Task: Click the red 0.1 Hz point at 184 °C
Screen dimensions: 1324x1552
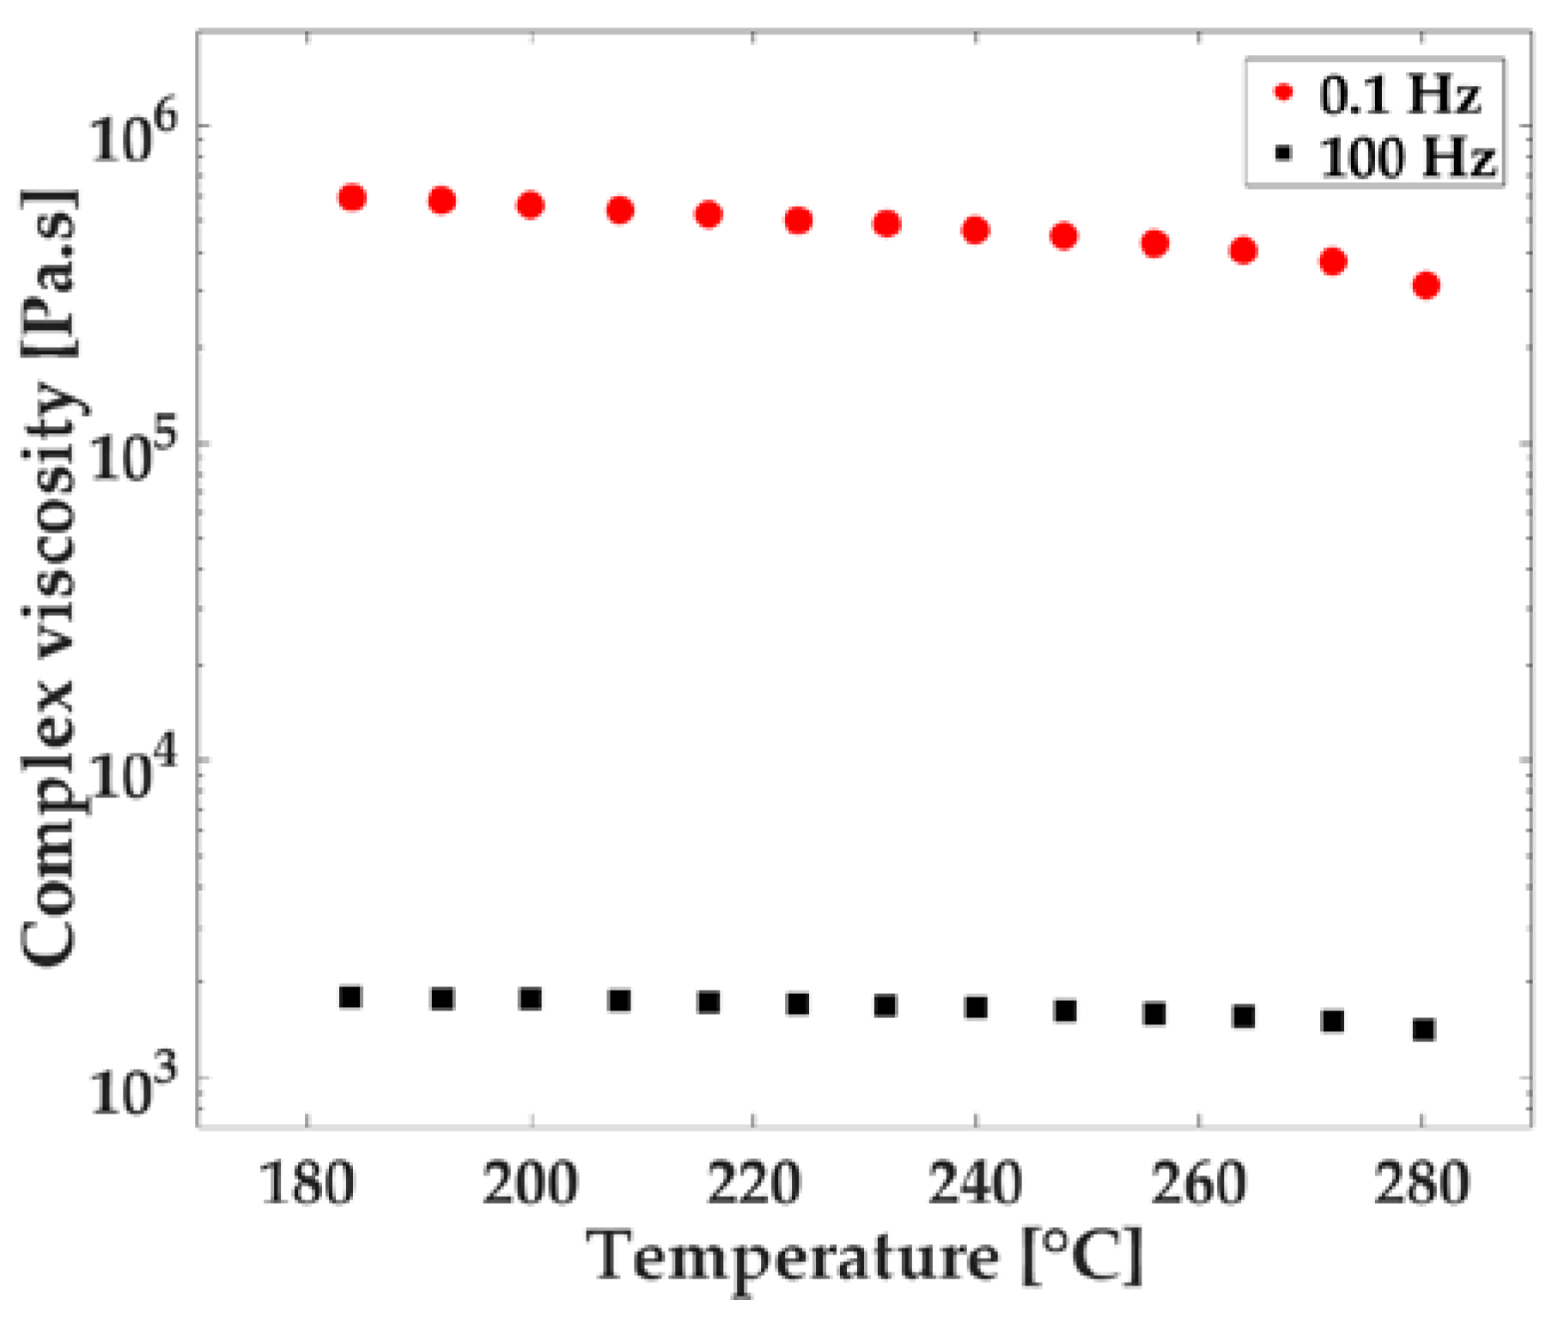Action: (352, 198)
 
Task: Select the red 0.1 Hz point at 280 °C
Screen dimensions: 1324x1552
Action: (1426, 285)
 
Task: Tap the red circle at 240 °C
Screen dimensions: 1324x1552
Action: (976, 230)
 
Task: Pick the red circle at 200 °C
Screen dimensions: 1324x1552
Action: (531, 205)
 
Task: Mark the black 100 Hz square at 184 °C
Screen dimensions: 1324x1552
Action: (350, 997)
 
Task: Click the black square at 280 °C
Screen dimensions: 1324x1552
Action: (1424, 1029)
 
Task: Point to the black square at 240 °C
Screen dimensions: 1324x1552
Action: (976, 1007)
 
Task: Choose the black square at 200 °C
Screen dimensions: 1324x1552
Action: (531, 998)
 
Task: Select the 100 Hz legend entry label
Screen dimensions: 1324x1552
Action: (1407, 157)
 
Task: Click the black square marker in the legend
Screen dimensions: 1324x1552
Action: (1283, 155)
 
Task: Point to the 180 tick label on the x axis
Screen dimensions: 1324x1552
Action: (307, 1183)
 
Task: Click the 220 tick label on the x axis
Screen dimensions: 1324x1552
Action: (752, 1183)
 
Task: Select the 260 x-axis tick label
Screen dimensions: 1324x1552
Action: (1197, 1183)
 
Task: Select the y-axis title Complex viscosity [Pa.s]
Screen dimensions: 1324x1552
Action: (50, 577)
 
